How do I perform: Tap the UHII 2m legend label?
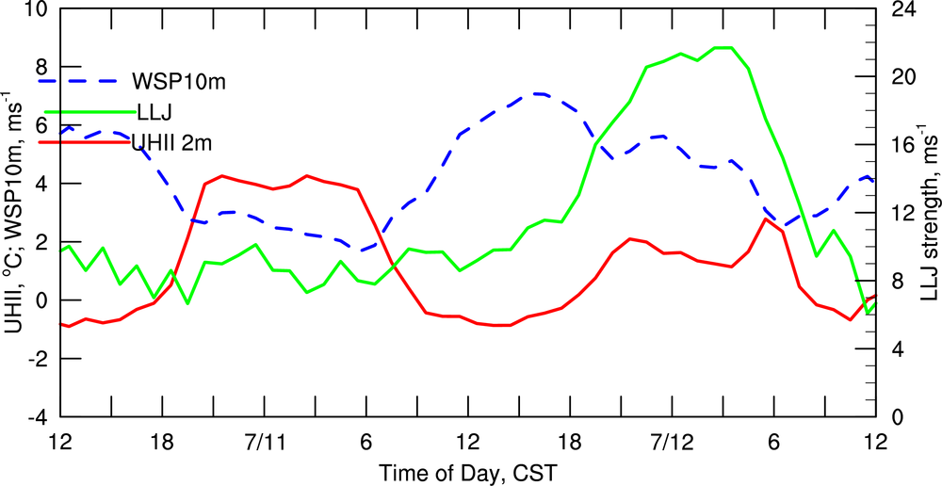(x=171, y=142)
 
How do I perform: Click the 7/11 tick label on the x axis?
(x=265, y=442)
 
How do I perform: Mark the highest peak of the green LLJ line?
(x=723, y=47)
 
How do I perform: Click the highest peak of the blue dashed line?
(x=537, y=93)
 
